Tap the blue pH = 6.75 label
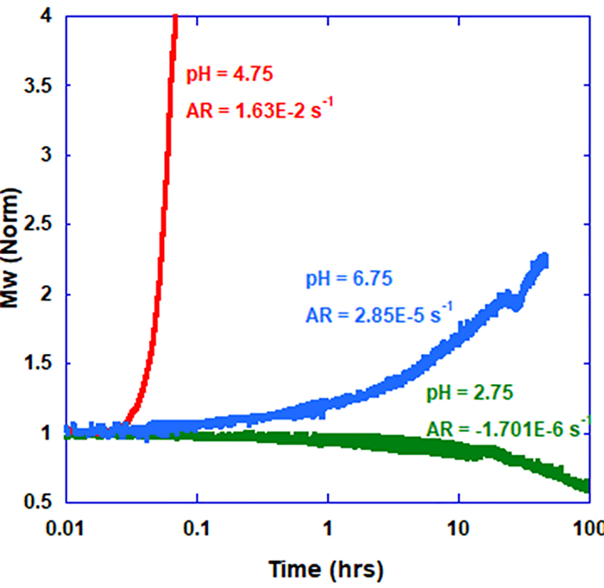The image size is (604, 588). [x=349, y=279]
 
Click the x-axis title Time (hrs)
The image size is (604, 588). [x=325, y=570]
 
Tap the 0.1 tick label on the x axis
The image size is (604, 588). [x=198, y=526]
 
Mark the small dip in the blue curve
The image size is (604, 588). [x=516, y=303]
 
